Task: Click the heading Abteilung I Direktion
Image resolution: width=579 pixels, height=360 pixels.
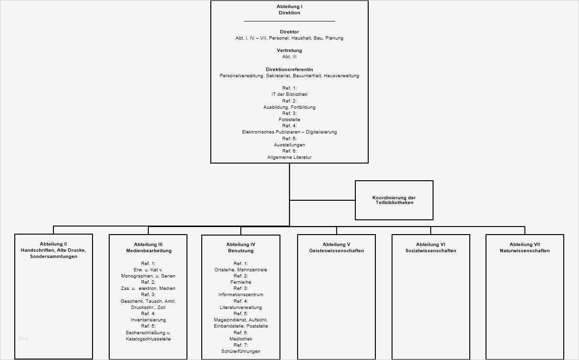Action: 289,10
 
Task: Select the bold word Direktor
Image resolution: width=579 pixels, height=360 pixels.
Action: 289,32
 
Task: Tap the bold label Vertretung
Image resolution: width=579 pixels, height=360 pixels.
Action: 289,51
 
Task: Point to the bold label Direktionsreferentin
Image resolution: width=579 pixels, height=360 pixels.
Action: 289,70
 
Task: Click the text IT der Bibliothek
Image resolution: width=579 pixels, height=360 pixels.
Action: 289,94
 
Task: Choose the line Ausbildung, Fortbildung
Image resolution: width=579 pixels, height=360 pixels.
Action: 289,107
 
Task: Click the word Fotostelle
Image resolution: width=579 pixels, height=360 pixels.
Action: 289,120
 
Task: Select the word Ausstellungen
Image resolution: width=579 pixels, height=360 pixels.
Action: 289,144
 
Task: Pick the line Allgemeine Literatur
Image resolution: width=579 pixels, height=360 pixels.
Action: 289,157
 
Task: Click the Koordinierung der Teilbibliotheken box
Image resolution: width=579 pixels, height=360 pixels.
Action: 394,200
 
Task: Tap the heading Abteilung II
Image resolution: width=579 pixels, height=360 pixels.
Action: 53,244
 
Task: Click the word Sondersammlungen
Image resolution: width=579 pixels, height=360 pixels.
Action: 53,257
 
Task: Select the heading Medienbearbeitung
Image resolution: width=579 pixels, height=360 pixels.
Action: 148,251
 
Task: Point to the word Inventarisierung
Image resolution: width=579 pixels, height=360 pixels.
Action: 148,320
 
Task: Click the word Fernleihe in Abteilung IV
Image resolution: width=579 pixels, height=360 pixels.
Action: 240,282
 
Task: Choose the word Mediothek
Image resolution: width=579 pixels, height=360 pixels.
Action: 240,339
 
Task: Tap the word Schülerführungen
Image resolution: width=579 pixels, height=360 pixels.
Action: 240,351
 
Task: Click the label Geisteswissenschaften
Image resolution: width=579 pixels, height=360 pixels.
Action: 336,251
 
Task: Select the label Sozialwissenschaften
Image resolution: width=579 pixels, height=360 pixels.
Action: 431,251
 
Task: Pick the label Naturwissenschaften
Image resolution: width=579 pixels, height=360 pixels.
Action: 524,251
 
